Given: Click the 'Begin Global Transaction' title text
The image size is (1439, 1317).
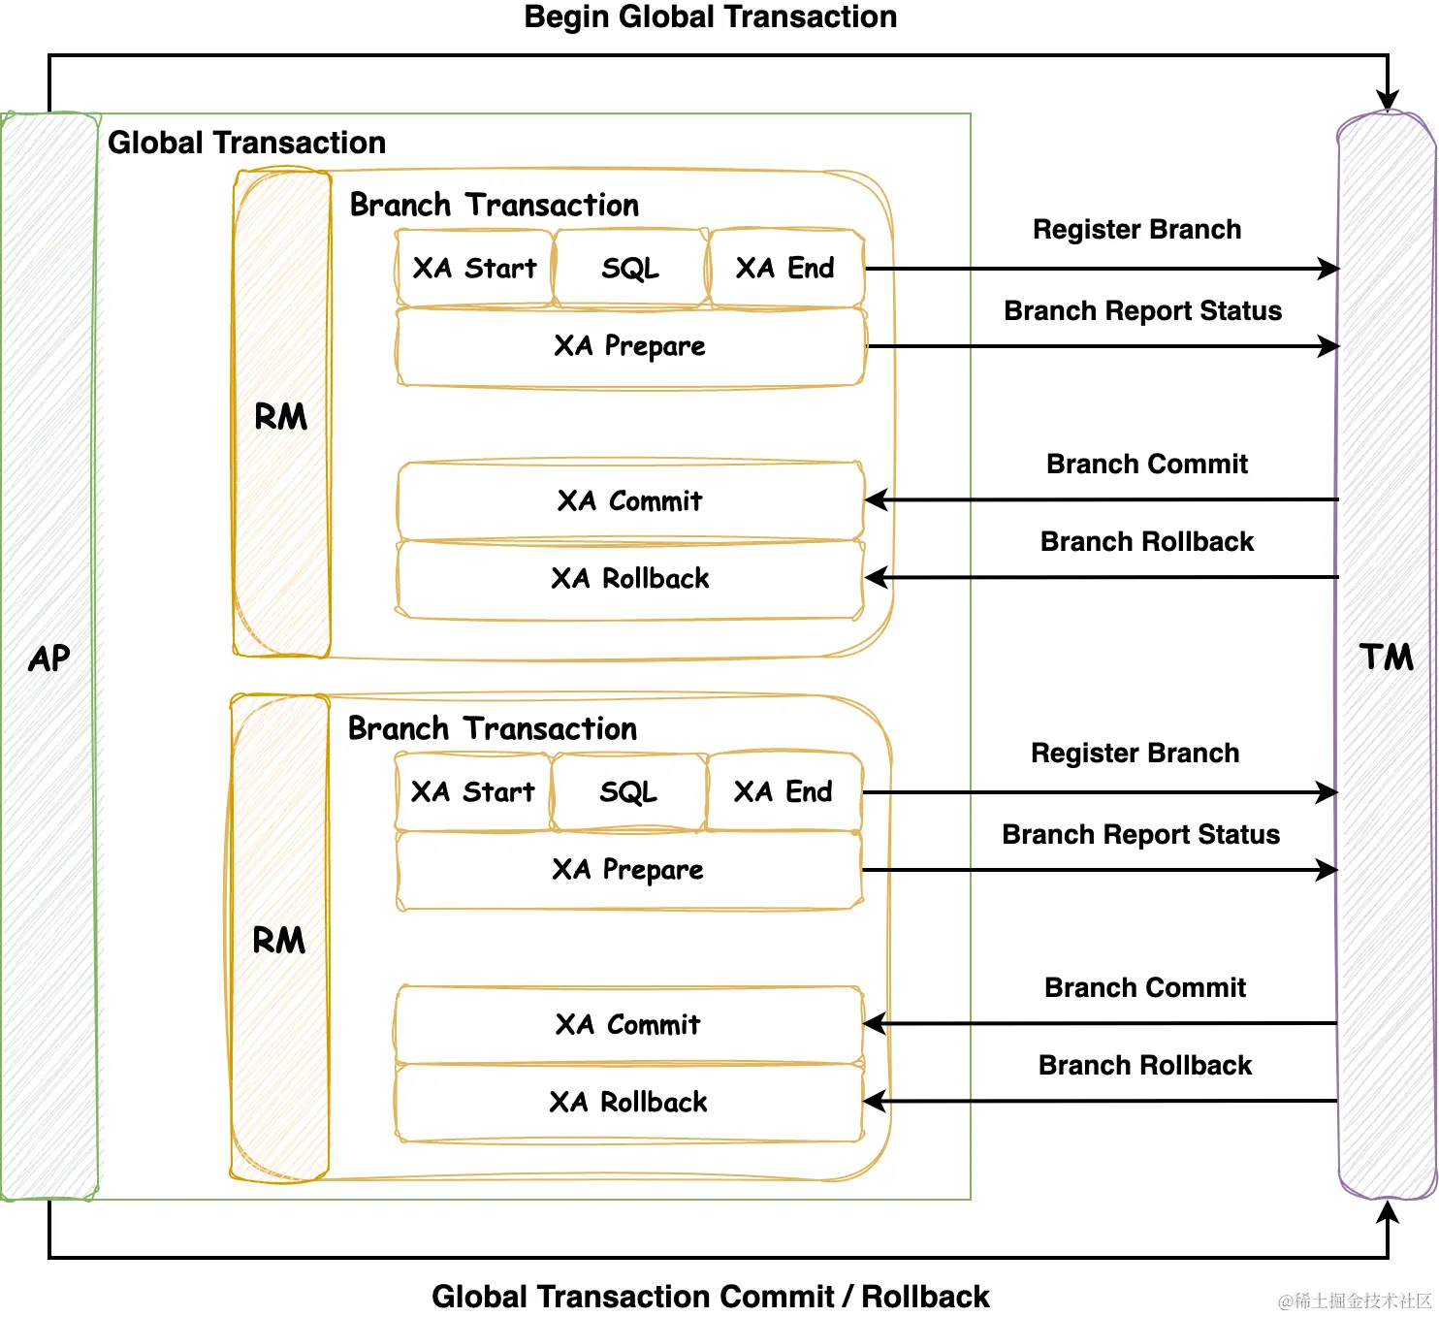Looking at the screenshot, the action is coord(710,17).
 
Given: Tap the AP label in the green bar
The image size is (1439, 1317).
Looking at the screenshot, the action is coord(49,658).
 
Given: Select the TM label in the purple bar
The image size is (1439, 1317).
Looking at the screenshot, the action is coord(1386,657).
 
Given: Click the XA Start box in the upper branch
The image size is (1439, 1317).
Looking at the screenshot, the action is coord(474,269).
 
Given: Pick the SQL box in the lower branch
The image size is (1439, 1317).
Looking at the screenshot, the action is coord(629,792).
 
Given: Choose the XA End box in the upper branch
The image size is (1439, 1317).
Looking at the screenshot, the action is coord(786,269).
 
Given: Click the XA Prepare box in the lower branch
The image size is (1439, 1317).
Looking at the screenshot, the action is coord(629,870).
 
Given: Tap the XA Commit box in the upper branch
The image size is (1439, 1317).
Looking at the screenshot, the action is coord(630,500).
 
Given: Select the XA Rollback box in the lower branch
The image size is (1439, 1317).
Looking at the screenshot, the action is coord(629,1102).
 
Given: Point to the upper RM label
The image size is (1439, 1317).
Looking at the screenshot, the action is coord(280,416).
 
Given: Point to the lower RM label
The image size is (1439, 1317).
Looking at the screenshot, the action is coord(279,940).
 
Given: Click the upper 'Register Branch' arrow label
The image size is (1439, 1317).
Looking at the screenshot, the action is coord(1137,230).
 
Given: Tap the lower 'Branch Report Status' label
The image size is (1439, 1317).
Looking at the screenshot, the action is coord(1140,835).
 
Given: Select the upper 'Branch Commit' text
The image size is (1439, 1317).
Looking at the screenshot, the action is coord(1147,464).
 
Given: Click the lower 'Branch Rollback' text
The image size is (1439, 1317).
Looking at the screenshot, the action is coord(1145,1065).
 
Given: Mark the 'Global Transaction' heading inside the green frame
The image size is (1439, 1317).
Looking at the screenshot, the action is coord(246,143).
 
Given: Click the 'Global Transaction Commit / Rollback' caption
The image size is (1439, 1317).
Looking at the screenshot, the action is coord(710,1297).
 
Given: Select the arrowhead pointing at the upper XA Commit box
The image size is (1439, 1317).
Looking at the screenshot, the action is coord(877,499).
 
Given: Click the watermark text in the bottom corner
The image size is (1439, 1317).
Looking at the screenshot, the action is coord(1355,1300).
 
